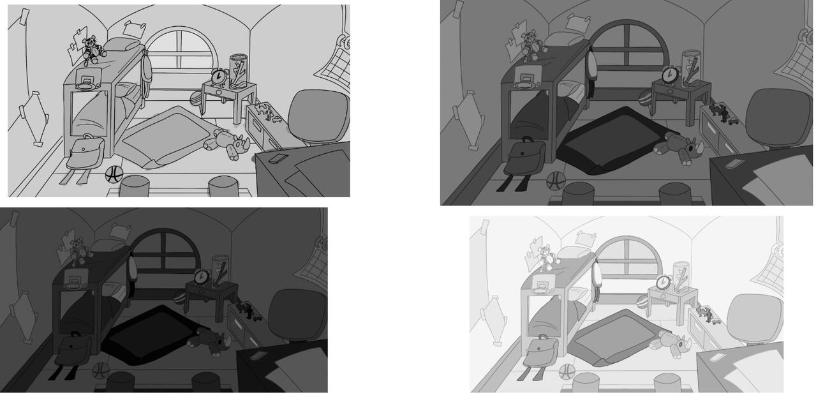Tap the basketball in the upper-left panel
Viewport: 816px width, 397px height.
114,174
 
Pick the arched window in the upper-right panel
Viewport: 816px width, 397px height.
629,48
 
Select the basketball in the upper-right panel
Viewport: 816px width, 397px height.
556,181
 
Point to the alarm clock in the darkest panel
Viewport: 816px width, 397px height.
202,276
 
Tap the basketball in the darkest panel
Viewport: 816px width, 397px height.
101,371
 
